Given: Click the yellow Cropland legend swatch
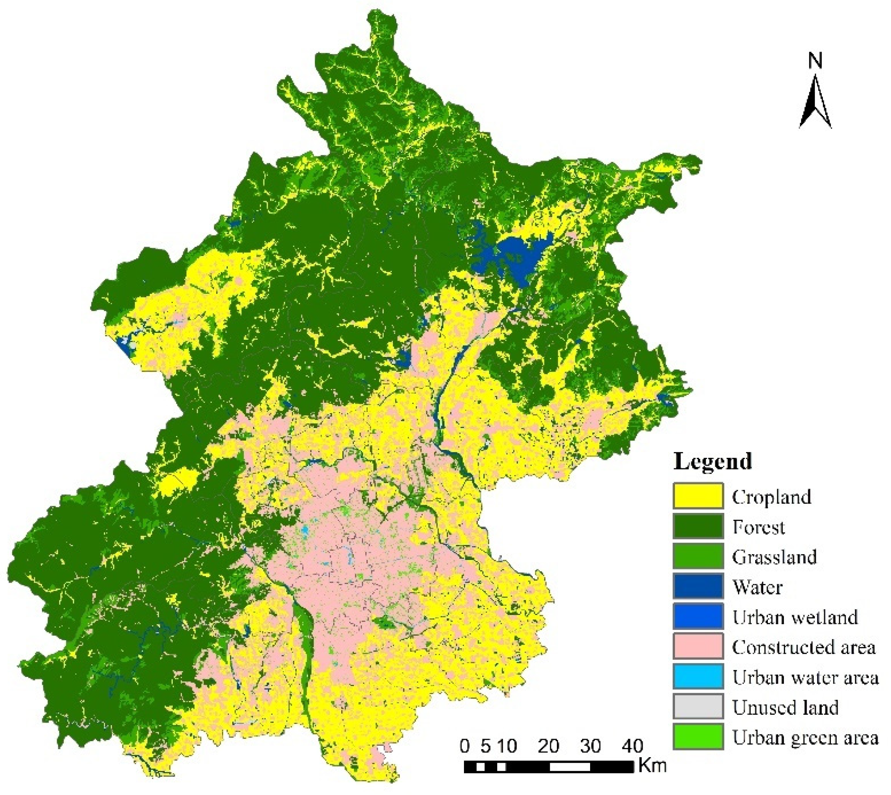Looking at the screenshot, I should [x=698, y=496].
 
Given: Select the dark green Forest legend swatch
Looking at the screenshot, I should [x=698, y=526].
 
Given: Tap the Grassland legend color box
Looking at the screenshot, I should [x=698, y=556].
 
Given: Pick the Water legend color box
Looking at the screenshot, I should [x=698, y=586].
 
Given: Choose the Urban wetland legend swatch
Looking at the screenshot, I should [x=698, y=616].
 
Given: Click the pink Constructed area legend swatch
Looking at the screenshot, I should [x=698, y=646].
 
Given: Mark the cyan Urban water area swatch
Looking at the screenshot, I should [x=698, y=676].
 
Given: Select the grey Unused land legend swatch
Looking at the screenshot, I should [x=698, y=706].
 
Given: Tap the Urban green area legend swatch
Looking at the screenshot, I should [x=698, y=737].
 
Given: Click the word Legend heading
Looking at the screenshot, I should [x=712, y=462].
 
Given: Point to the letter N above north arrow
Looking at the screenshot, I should [x=815, y=61].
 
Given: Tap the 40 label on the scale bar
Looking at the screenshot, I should [x=632, y=746].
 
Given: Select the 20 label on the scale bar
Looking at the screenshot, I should [x=548, y=746].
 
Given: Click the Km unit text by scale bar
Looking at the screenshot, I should [x=652, y=765].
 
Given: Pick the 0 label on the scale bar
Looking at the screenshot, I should [x=465, y=746].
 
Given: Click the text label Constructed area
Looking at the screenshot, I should [x=804, y=647].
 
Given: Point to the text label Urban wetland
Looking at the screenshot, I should [x=795, y=617].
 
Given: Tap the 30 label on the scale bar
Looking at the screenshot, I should [x=590, y=746].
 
